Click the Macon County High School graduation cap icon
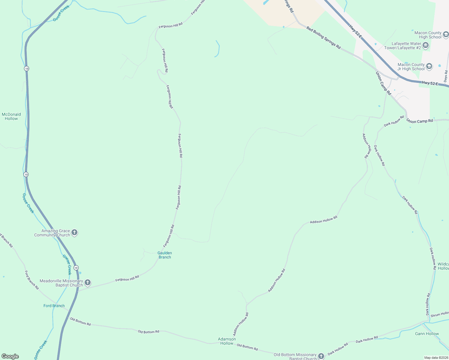tap(445, 35)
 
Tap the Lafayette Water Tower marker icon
tap(426, 46)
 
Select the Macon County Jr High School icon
tap(429, 67)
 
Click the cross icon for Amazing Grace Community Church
tap(74, 233)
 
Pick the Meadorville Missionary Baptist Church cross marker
tap(88, 283)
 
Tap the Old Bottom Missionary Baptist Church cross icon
tap(321, 356)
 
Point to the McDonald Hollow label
tap(11, 116)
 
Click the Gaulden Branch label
tap(165, 255)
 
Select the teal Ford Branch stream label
tap(54, 306)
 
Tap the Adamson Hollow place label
tap(227, 341)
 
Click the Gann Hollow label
tap(427, 334)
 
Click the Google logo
tap(10, 356)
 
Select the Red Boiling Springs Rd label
tap(324, 38)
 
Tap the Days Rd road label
tap(446, 76)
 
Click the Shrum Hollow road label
tap(440, 314)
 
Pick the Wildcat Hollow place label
tap(443, 266)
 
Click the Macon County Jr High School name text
tap(411, 67)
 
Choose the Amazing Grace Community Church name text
tap(52, 233)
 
